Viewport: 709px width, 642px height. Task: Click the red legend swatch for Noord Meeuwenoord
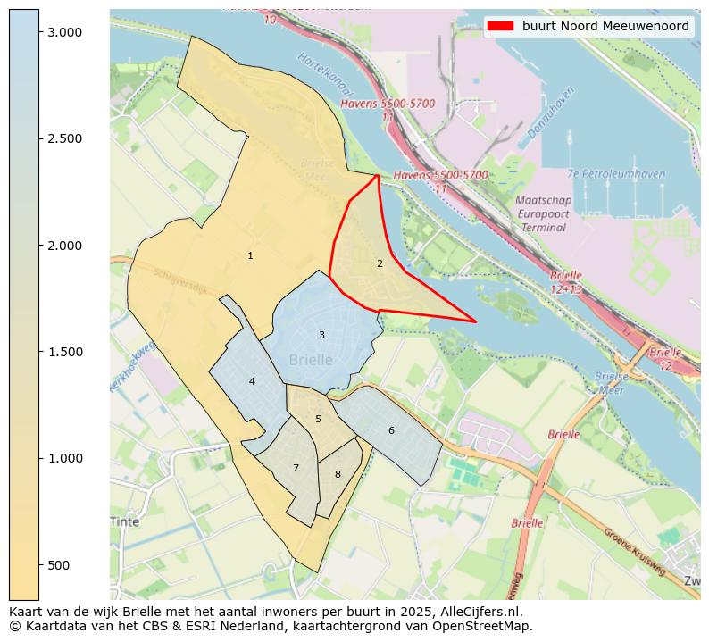(500, 26)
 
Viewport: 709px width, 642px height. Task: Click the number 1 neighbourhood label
(250, 256)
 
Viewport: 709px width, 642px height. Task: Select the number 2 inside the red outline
(380, 263)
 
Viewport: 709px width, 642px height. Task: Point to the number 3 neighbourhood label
(321, 335)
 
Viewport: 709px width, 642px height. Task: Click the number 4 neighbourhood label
(252, 381)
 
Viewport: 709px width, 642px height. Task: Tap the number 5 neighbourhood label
(318, 419)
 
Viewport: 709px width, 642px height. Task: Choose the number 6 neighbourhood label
(391, 430)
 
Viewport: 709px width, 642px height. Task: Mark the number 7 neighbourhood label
(296, 468)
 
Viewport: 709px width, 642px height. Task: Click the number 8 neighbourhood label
(338, 474)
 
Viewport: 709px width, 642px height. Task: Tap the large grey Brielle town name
(311, 360)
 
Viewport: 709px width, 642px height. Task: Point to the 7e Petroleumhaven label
(616, 174)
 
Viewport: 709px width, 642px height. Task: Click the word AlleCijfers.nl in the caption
(478, 613)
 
